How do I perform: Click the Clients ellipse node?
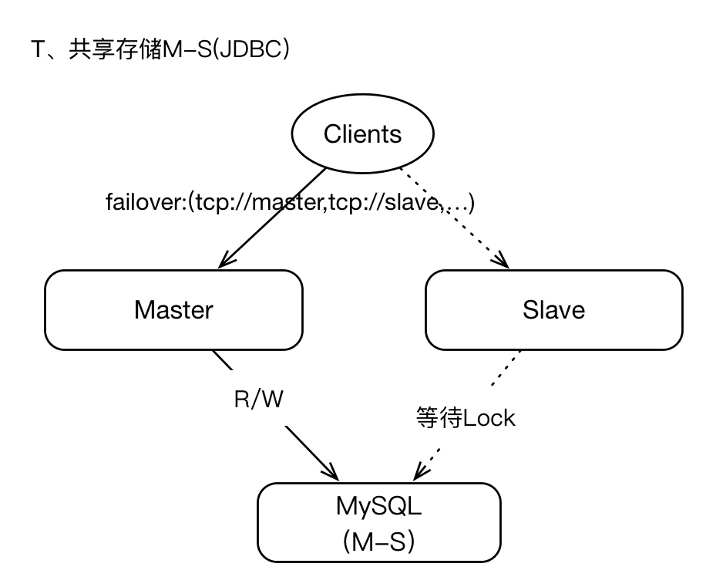[362, 134]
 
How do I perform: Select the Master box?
[173, 309]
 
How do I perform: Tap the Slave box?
[553, 309]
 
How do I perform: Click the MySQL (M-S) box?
[378, 522]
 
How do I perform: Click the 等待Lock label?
[465, 417]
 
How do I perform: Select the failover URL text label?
[290, 203]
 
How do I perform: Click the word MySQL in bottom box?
[378, 507]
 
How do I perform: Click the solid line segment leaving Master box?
[224, 361]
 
